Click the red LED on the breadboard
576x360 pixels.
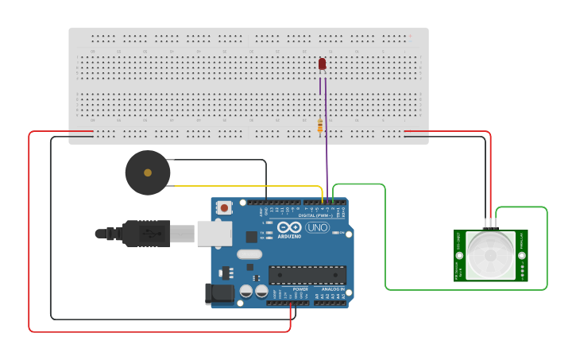[x=322, y=64]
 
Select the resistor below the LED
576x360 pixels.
[x=320, y=126]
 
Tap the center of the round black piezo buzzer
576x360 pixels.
[x=148, y=172]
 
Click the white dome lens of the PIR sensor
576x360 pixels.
[x=489, y=255]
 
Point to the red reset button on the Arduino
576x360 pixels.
[x=224, y=207]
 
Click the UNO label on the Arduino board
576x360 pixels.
[x=317, y=227]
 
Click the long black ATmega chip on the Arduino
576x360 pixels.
[x=307, y=275]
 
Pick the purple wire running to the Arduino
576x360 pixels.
[x=326, y=151]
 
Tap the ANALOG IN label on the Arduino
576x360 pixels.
[x=332, y=288]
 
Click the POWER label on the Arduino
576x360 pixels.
[x=300, y=288]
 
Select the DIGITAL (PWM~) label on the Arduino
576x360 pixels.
[x=315, y=215]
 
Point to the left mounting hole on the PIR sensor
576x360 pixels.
[x=459, y=255]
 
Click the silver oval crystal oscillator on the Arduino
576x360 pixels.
[x=249, y=254]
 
